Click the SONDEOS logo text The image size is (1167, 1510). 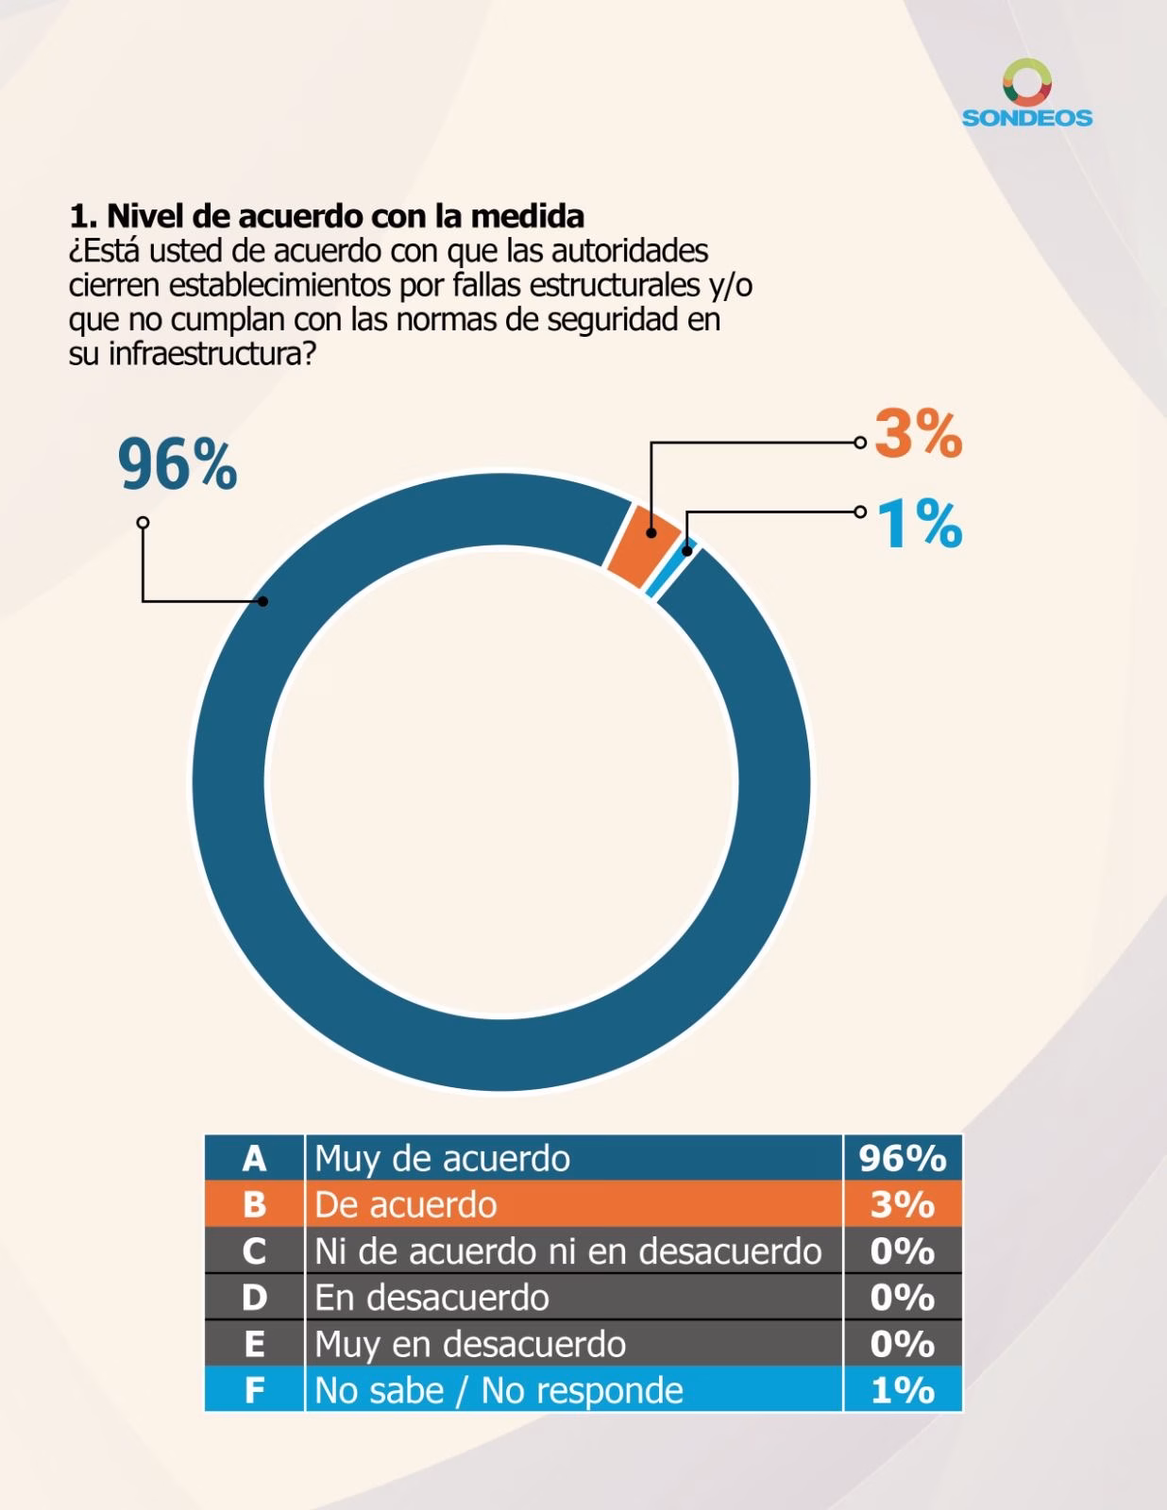coord(1026,117)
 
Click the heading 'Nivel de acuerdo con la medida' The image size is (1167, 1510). coord(345,216)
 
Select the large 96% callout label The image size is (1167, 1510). coord(178,464)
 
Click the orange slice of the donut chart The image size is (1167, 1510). coord(644,546)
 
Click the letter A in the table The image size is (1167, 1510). coord(254,1158)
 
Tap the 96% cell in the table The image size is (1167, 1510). coord(903,1158)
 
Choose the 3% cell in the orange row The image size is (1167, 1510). coord(903,1204)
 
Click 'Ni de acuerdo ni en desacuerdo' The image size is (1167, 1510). coord(567,1251)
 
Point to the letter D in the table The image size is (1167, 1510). coord(254,1298)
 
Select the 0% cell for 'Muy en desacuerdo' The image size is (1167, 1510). coord(903,1343)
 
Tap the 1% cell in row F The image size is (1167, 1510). coord(903,1390)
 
